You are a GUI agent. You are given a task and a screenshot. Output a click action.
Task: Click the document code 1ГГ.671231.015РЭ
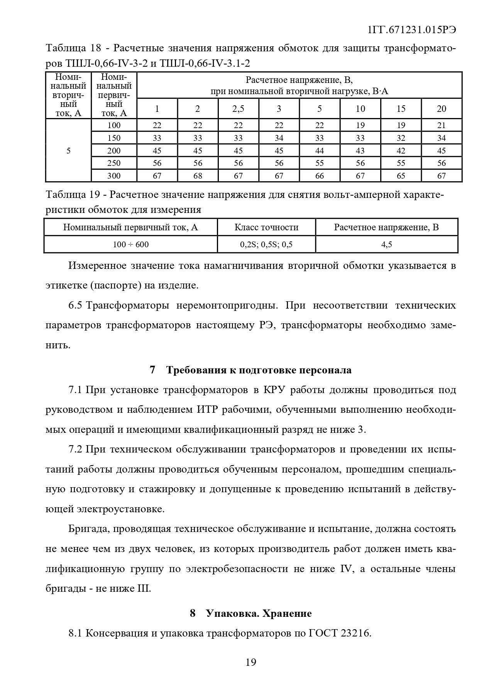point(412,30)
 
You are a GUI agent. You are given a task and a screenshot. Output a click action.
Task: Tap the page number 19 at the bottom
point(251,662)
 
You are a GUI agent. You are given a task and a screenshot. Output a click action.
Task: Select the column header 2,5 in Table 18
point(238,109)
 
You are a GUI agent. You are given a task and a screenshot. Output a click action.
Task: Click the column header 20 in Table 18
point(441,109)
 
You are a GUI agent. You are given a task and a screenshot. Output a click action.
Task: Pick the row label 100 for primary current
point(114,125)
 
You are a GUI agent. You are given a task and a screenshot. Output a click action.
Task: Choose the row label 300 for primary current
point(114,176)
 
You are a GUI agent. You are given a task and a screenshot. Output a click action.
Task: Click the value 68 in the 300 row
point(198,176)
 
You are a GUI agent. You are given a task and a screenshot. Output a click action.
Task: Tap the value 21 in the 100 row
point(441,125)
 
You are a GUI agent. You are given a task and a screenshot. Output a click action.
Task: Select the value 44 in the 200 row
point(320,151)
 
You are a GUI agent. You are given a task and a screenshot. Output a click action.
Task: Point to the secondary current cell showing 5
point(68,151)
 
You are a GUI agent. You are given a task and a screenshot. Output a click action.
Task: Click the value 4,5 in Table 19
point(386,244)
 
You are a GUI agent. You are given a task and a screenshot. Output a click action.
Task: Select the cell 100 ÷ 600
point(131,244)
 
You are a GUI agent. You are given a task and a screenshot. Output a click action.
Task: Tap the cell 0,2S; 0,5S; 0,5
point(266,244)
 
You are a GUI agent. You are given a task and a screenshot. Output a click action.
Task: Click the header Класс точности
point(266,227)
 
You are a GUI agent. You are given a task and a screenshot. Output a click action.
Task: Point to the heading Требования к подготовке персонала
point(259,370)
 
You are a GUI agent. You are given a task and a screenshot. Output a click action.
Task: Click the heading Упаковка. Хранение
point(259,613)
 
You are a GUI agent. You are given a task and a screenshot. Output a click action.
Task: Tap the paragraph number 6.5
point(75,306)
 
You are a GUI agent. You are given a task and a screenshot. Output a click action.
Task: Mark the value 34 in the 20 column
point(441,138)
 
